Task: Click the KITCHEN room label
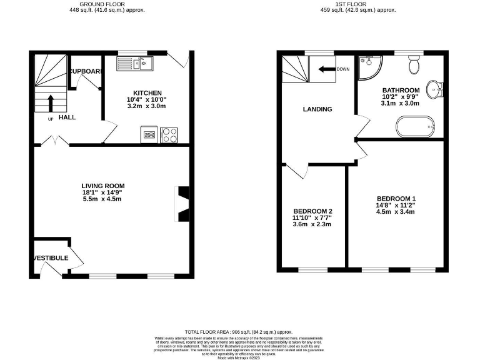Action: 147,92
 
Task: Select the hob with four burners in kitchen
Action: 169,134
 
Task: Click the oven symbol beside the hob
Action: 149,134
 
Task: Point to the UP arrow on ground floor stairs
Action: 51,101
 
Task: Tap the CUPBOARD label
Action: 86,71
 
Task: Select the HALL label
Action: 67,117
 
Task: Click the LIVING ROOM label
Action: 103,186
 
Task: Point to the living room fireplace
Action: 182,204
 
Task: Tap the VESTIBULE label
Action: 51,257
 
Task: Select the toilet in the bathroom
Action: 414,64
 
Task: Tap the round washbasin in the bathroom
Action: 436,88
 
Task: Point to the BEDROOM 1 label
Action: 396,198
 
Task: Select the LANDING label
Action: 317,109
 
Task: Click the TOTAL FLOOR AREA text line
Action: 239,331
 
